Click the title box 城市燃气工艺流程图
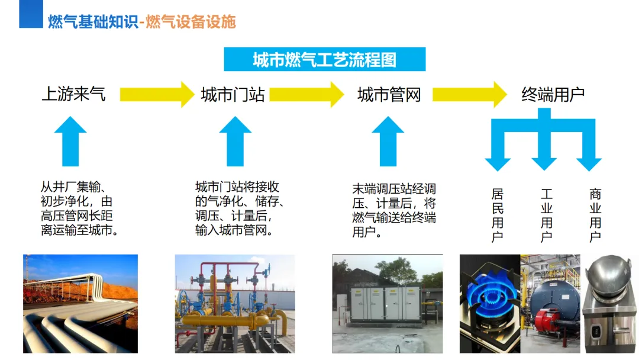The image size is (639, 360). click(324, 60)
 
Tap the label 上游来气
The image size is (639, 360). click(73, 94)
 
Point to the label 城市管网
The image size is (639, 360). click(389, 95)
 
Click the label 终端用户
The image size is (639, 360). click(553, 95)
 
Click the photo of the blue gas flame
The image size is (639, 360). click(489, 304)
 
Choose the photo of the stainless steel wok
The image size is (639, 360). click(609, 304)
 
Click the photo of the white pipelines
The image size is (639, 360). click(80, 304)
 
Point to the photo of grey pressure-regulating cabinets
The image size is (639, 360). click(387, 304)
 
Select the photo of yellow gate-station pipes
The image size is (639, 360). click(235, 304)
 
